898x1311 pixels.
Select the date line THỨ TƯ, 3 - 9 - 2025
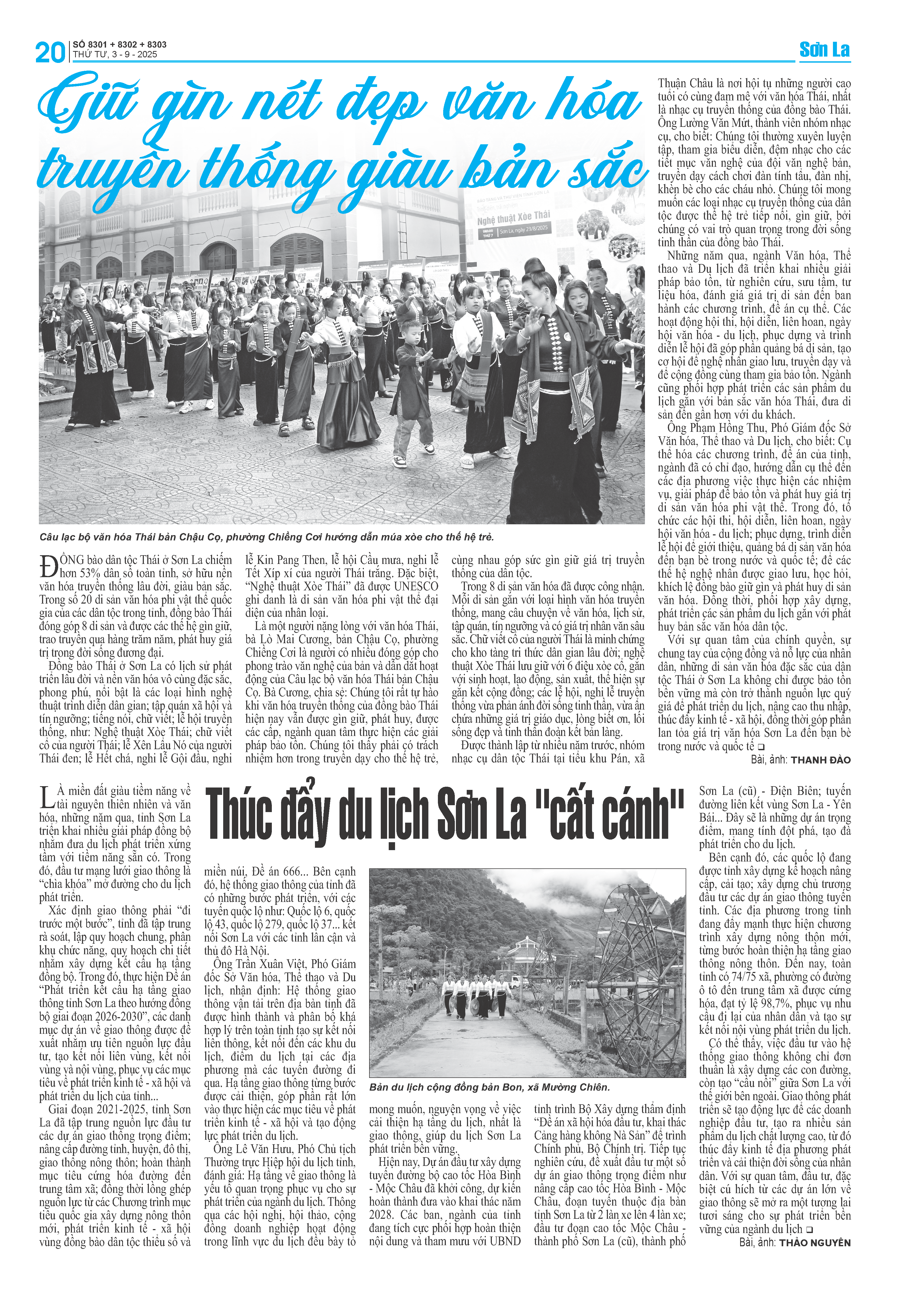(115, 55)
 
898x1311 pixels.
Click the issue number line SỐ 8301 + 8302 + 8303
(120, 44)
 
